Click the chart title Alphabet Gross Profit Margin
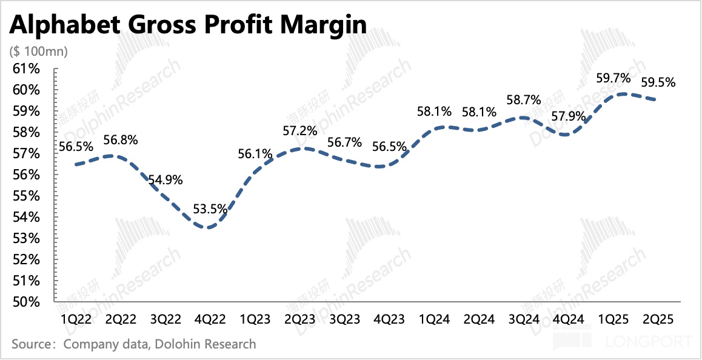(188, 25)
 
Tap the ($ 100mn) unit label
(39, 52)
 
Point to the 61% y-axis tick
(26, 69)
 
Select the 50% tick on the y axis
(26, 302)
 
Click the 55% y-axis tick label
(26, 196)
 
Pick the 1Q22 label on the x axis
(75, 319)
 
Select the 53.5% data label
(210, 210)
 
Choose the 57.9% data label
(567, 116)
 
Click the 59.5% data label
(658, 82)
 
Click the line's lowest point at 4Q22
(209, 228)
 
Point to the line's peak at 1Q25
(621, 94)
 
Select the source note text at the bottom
(133, 344)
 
